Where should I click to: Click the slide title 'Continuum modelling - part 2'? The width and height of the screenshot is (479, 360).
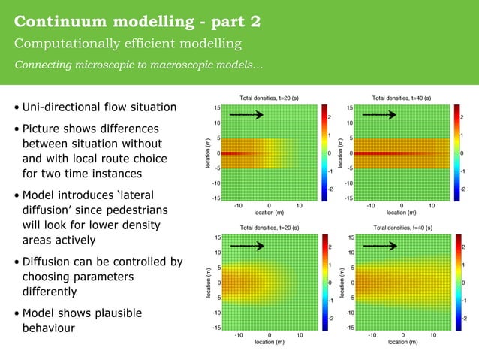[x=138, y=20]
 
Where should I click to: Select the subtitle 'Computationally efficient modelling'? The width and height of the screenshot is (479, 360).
[x=128, y=44]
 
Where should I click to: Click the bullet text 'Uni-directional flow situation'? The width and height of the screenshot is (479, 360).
[x=99, y=107]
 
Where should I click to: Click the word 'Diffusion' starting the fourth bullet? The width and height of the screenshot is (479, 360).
[x=49, y=262]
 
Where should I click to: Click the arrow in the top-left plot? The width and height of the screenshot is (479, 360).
[x=246, y=115]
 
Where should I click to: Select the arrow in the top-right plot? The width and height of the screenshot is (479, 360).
[x=379, y=115]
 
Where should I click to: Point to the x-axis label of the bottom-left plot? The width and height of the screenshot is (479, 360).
[x=269, y=342]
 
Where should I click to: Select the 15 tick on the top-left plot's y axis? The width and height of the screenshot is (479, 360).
[x=217, y=107]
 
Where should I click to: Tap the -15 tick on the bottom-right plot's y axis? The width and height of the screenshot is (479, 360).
[x=349, y=328]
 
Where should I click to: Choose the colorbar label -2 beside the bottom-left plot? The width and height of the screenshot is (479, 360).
[x=327, y=319]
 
